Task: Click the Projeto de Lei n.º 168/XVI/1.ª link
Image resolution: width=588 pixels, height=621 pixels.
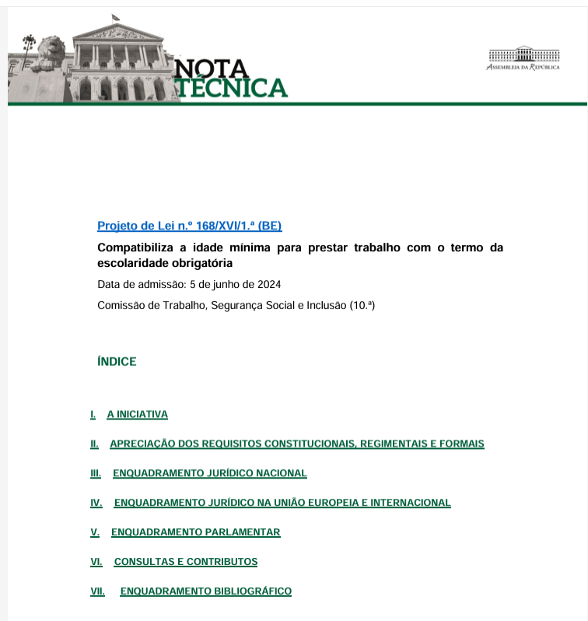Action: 189,226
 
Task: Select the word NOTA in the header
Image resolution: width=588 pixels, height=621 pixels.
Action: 212,68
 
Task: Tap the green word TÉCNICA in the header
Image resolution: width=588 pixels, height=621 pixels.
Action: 231,88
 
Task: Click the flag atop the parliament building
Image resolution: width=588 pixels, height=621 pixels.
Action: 115,17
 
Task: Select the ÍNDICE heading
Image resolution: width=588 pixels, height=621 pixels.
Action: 117,362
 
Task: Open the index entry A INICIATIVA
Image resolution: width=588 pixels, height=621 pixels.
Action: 137,415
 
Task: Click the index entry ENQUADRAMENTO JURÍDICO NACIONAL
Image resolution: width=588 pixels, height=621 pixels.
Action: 210,473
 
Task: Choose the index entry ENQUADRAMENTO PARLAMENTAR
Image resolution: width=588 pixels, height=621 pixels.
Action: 195,532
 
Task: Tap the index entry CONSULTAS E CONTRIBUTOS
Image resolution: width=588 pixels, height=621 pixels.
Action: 185,562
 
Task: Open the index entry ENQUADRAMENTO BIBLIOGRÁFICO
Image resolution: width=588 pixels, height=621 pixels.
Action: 205,591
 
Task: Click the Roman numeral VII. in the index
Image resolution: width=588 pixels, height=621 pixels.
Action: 97,591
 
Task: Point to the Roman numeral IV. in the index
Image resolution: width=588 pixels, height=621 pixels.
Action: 96,503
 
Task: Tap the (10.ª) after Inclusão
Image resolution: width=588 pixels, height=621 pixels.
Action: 362,306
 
